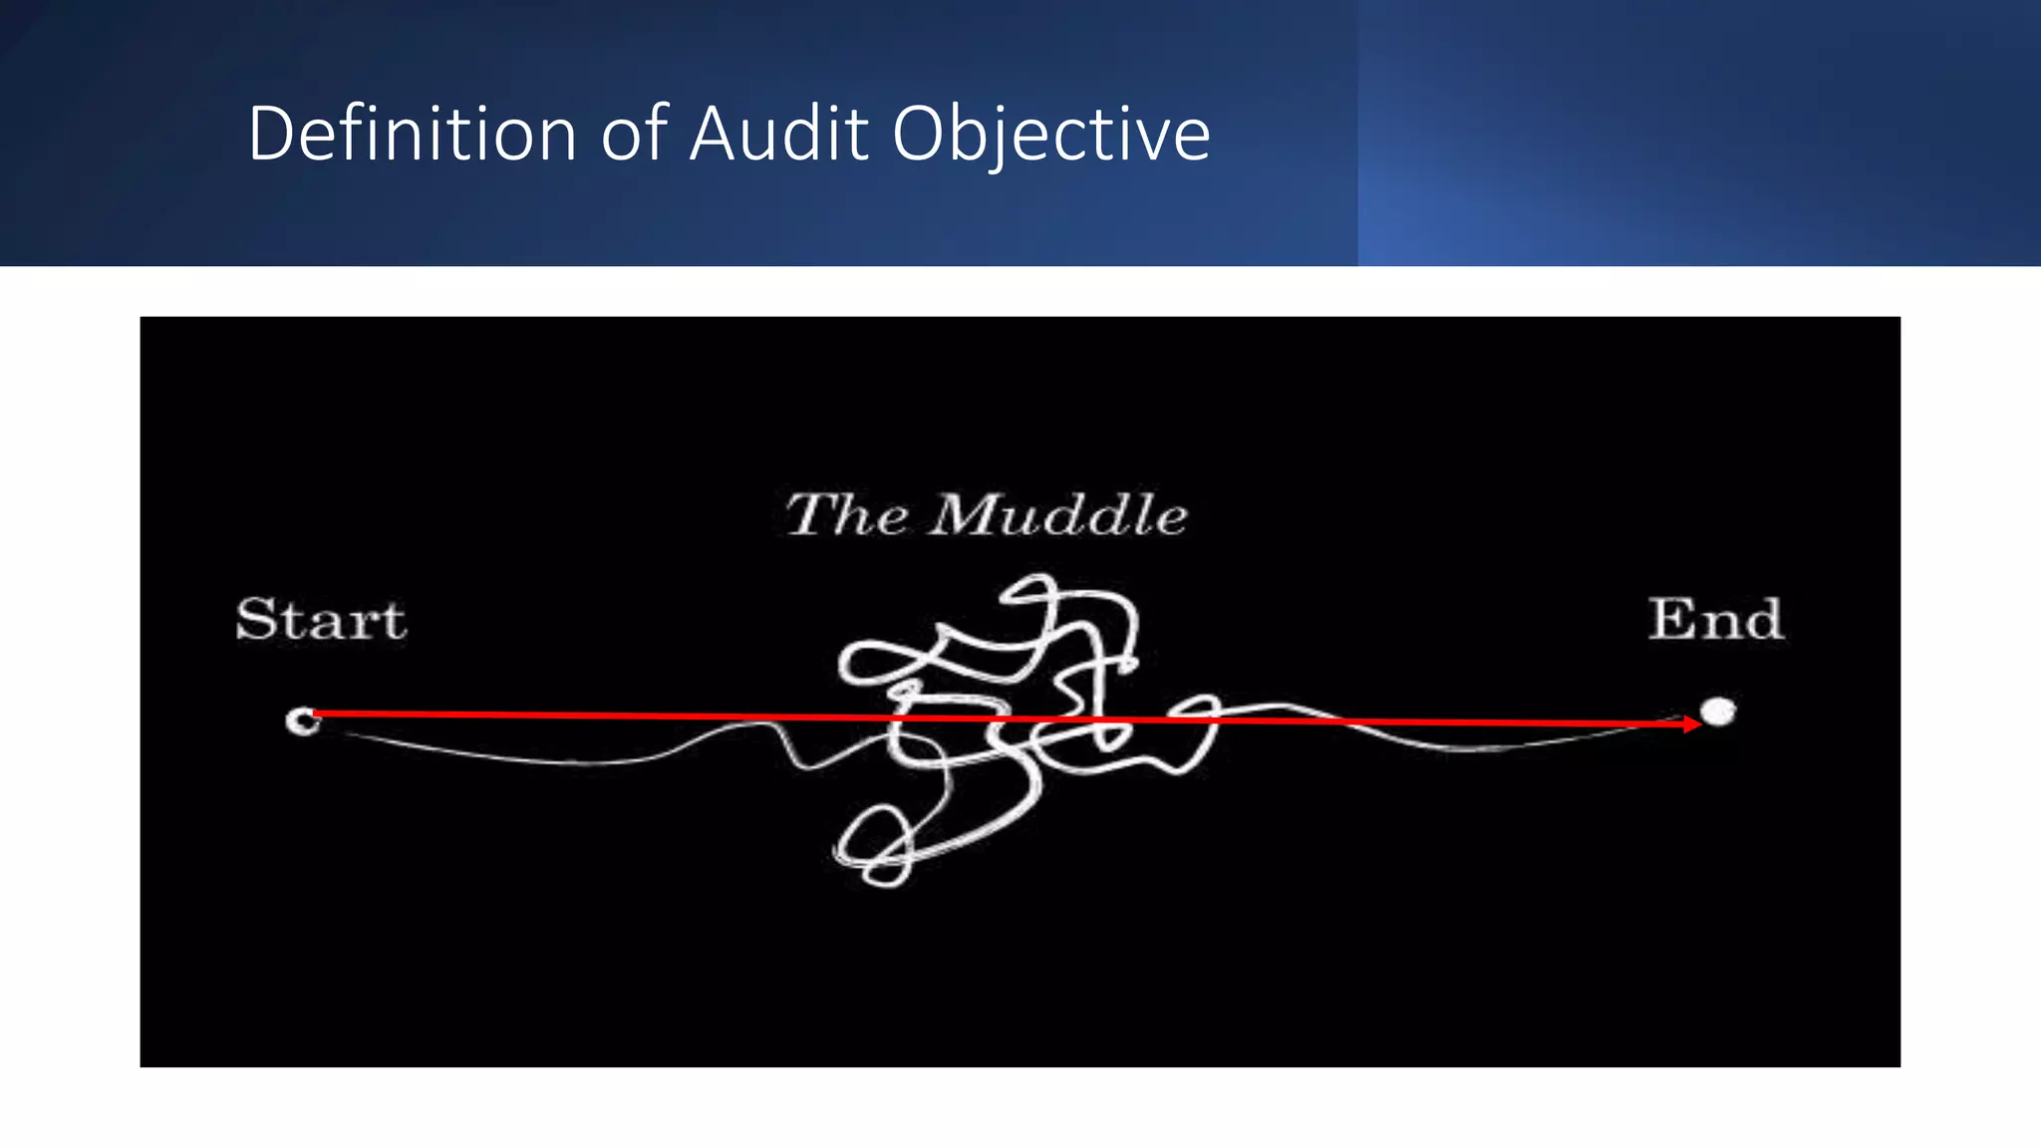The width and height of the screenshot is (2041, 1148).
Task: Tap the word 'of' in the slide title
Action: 632,134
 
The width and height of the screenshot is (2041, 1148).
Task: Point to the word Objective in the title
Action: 1050,136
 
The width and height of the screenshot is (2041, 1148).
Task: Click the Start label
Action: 321,620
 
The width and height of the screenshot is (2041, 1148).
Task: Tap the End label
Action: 1715,620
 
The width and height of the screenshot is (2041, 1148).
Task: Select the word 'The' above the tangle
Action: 847,515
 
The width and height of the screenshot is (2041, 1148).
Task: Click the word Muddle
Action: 1058,515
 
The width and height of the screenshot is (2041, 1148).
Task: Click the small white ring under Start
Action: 302,719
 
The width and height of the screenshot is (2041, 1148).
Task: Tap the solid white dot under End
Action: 1717,712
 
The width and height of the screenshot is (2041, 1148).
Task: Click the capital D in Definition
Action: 269,134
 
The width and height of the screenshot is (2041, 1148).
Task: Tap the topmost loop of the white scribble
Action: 1031,592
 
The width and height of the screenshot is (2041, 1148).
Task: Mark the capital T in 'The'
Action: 809,514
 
